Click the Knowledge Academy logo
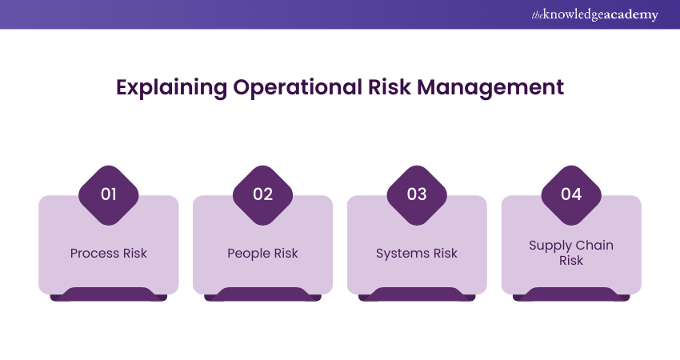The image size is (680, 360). pos(595,14)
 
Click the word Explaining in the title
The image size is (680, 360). pos(171,88)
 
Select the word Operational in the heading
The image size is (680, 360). pos(298,88)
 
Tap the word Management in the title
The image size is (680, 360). pos(490,88)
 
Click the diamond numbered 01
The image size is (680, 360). pos(109,195)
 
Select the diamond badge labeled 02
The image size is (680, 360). pos(263,195)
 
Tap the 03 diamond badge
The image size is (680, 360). pos(417,195)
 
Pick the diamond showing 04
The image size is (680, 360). pos(571,195)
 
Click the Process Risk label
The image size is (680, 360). pos(109,254)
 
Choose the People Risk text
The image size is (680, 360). pos(263,254)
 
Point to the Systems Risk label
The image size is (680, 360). pos(417,254)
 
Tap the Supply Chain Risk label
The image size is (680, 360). pos(571,253)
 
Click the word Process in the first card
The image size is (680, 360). pos(95,254)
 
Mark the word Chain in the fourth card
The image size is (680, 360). pos(595,246)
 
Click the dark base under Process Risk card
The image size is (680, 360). pos(109,294)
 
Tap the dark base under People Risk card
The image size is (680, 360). pos(263,294)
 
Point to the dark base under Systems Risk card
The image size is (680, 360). pos(417,294)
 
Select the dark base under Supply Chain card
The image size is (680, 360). pos(571,294)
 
